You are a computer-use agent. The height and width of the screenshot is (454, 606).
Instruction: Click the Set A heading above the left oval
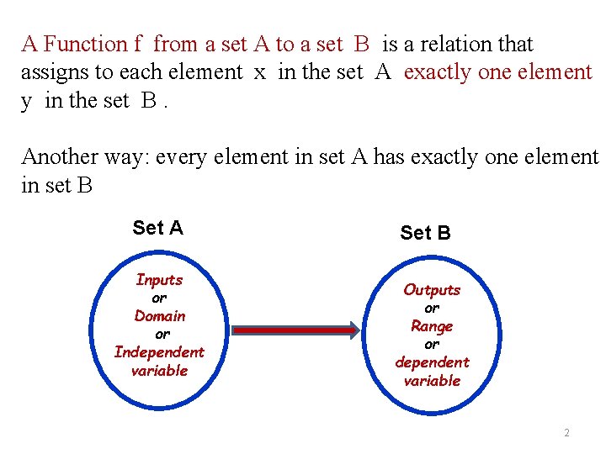[157, 228]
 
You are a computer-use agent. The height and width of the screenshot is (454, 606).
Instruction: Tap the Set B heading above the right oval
[425, 233]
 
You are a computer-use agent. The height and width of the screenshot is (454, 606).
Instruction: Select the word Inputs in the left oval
[159, 279]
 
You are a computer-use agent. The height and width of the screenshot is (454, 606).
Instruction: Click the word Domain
[160, 316]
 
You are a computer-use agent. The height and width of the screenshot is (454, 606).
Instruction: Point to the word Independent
[159, 352]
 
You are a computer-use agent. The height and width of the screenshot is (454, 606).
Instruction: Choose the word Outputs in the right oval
[432, 290]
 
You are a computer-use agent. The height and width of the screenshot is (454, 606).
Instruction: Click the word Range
[432, 326]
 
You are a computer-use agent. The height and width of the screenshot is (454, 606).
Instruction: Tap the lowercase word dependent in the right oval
[432, 362]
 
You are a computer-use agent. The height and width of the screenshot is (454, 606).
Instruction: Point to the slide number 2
[566, 433]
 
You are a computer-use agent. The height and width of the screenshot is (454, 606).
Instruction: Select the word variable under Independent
[159, 371]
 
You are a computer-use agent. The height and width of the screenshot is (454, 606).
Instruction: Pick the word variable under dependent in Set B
[432, 381]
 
